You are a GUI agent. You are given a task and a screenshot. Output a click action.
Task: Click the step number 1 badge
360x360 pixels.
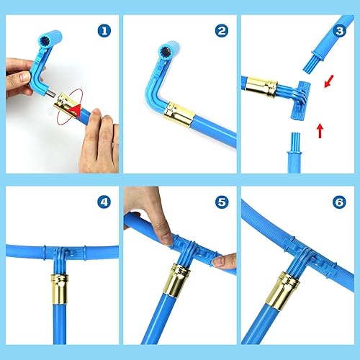coord(106,31)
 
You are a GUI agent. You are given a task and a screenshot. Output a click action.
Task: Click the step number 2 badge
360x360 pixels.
coord(222,31)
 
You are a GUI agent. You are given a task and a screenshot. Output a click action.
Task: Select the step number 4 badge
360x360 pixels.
coord(106,204)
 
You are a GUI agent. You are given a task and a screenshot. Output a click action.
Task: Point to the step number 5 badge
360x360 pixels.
coord(222,204)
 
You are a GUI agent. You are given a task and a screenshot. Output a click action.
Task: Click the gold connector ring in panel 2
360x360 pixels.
coord(179,112)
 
